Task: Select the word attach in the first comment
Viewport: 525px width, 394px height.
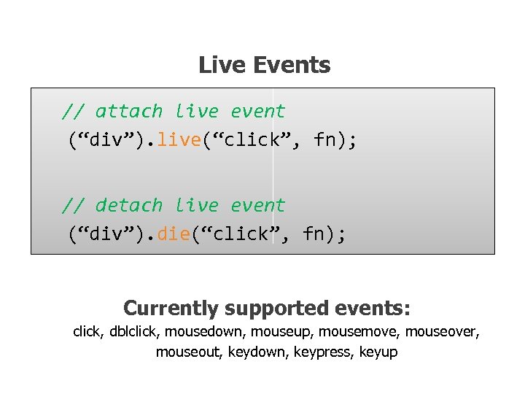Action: [x=129, y=112]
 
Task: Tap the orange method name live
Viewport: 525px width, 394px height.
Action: [x=179, y=139]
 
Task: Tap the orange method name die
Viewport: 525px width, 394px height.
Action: [x=173, y=233]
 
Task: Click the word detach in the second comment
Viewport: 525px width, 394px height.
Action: [x=129, y=206]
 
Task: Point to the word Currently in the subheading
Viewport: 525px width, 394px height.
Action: [x=171, y=309]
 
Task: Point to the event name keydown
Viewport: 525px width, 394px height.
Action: [x=258, y=352]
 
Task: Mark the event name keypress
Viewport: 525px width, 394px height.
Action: [x=322, y=352]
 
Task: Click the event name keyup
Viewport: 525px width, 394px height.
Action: [x=379, y=352]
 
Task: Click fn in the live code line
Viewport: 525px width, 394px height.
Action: [x=326, y=139]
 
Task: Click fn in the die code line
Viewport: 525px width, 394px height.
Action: [x=314, y=233]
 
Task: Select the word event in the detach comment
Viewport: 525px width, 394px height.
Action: [x=257, y=206]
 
